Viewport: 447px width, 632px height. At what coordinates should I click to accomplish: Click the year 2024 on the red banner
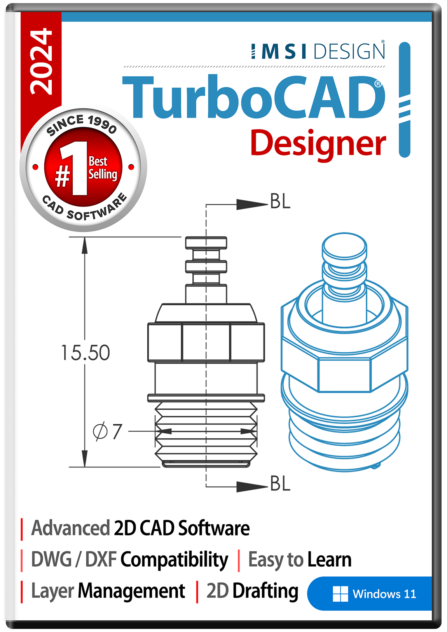41,61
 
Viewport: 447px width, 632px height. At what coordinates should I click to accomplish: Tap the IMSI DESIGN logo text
318,51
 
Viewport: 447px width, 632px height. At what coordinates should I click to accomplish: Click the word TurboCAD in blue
253,97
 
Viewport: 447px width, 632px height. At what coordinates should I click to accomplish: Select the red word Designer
318,144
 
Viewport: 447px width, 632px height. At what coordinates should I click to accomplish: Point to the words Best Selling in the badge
102,168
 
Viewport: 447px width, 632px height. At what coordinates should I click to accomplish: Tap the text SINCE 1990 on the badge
82,124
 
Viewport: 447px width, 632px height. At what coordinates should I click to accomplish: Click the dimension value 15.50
86,353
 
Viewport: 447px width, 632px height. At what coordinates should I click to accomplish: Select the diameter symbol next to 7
100,431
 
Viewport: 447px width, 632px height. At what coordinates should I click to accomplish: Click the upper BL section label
280,202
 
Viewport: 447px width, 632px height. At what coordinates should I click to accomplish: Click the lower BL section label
280,484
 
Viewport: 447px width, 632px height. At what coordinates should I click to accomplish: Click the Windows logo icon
340,594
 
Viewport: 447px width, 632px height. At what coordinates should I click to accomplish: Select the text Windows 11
384,594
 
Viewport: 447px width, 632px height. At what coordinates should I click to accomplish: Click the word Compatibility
174,560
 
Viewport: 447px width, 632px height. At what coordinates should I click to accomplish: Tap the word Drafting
265,591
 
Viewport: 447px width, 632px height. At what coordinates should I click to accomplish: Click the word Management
131,591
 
